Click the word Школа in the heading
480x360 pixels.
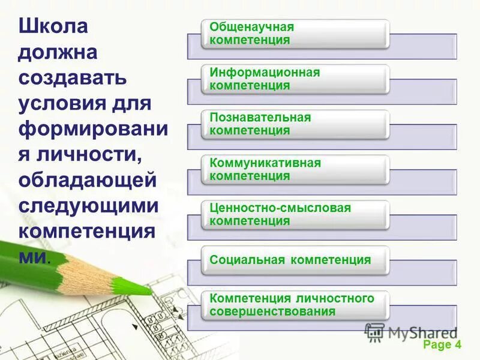coord(53,27)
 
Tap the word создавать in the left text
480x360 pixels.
coord(72,78)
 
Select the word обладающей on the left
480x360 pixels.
coord(88,180)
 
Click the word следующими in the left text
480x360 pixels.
coord(89,206)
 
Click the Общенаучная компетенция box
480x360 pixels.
coord(295,34)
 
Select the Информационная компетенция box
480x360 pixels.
coord(295,79)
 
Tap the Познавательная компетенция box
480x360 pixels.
coord(295,124)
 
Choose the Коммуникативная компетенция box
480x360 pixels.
coord(295,170)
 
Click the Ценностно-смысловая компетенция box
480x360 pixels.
coord(295,215)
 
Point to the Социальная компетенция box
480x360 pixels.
coord(295,260)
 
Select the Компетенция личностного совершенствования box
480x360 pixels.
coord(295,305)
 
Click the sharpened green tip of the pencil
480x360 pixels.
coord(146,289)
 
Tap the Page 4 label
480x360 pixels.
coord(442,344)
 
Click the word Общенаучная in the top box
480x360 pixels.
coord(251,28)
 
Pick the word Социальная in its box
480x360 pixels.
coord(247,260)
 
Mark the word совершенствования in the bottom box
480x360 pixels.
coord(268,311)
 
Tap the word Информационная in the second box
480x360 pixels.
coord(265,73)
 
